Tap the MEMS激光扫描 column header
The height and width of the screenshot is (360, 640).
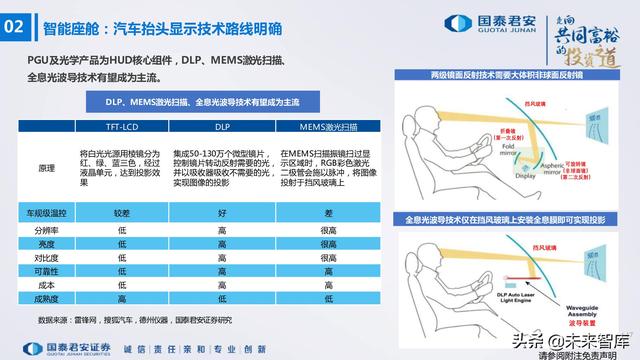[326, 129]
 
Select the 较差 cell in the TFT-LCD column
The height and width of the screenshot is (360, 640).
[122, 212]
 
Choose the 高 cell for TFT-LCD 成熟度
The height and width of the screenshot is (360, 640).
[122, 298]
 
